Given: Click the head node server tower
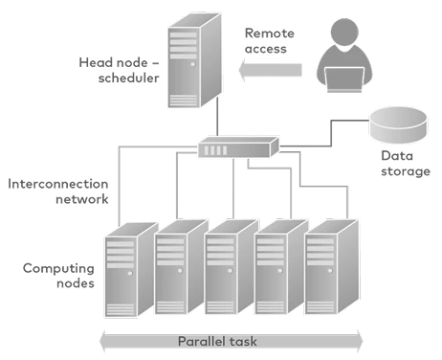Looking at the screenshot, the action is point(194,60).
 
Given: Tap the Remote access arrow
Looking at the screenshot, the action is point(271,70).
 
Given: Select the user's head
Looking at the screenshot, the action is point(344,32).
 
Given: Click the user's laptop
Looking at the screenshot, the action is point(344,79).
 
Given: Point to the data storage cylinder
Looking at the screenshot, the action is point(398,125).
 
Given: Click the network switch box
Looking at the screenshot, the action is point(238,147).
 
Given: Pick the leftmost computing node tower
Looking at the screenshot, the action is point(131,270).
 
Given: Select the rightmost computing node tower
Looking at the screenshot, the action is point(332,267).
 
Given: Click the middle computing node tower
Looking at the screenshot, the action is point(232,267).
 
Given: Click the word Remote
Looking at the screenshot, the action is point(270,34).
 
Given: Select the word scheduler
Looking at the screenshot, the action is point(128,78).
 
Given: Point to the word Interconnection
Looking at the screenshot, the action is point(58,184).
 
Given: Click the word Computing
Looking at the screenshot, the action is point(58,269).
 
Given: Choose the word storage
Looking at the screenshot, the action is point(406,171).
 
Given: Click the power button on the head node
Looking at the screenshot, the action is point(193,64).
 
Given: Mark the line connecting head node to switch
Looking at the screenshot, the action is point(217,117).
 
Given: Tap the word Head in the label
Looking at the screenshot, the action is point(94,62).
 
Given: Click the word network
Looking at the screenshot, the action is point(82,199).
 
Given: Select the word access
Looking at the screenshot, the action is point(266,49).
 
